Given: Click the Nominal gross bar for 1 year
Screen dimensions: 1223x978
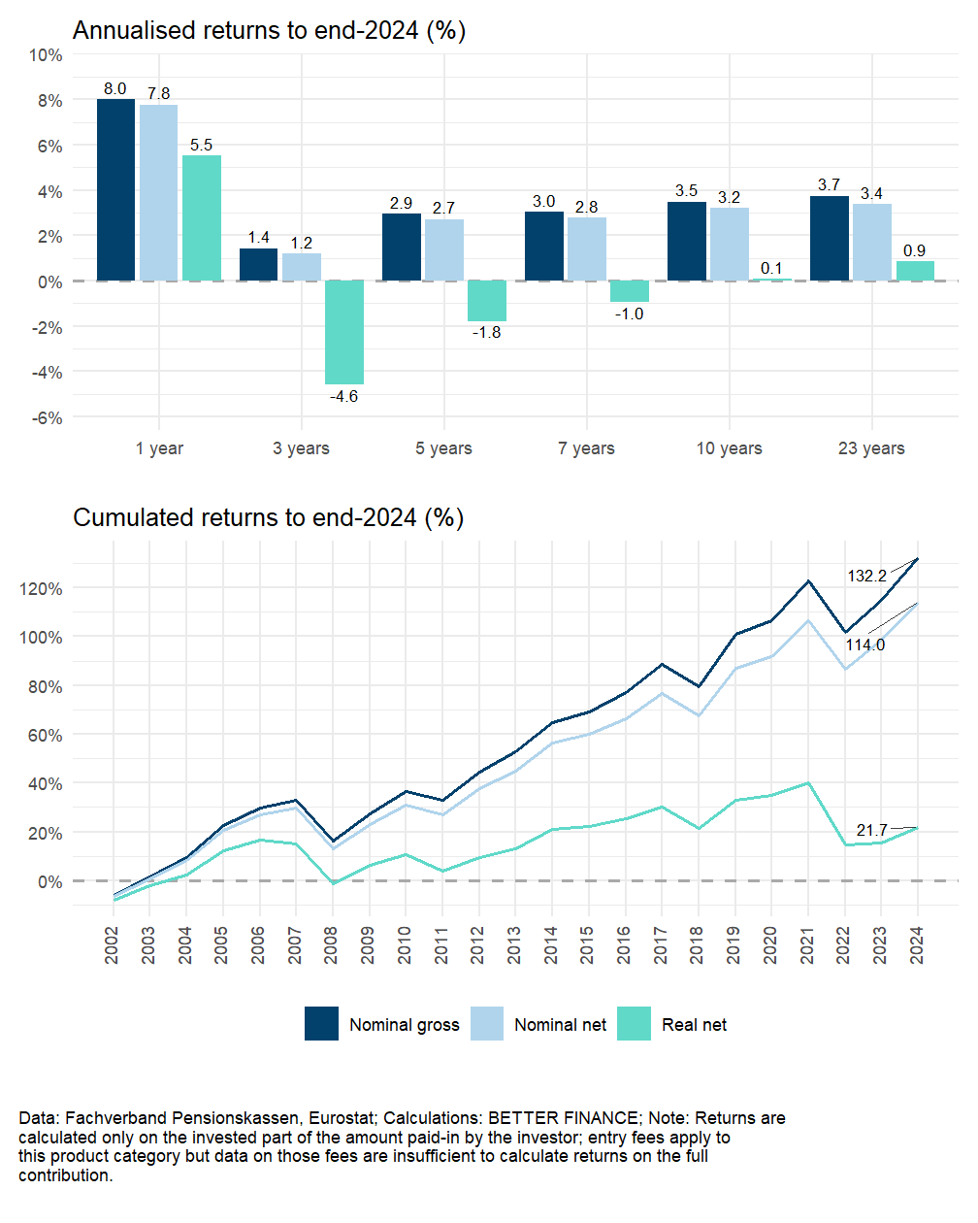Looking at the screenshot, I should coord(115,190).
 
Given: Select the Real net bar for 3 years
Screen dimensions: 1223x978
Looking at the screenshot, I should coord(344,332).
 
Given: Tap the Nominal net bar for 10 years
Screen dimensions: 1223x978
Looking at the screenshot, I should coord(729,245).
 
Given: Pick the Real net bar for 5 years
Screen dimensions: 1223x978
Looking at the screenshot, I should coord(486,301).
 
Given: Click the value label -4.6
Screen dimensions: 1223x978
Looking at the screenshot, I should coord(343,396).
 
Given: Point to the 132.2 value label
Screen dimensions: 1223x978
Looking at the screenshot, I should coord(866,576).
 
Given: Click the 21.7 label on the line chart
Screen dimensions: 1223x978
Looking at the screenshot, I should coord(871,830).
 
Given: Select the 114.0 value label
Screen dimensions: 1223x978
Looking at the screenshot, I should coord(864,645).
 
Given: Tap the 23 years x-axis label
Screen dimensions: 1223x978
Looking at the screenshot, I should coord(871,448).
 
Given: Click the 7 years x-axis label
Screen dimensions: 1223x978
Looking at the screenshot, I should coord(586,448).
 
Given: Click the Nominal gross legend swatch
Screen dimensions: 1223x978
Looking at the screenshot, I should coord(321,1024).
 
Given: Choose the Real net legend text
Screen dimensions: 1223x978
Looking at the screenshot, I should coord(694,1025).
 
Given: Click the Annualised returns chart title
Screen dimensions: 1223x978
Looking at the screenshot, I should coord(269,31).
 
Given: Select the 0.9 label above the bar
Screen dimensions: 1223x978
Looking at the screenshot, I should coord(914,250).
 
